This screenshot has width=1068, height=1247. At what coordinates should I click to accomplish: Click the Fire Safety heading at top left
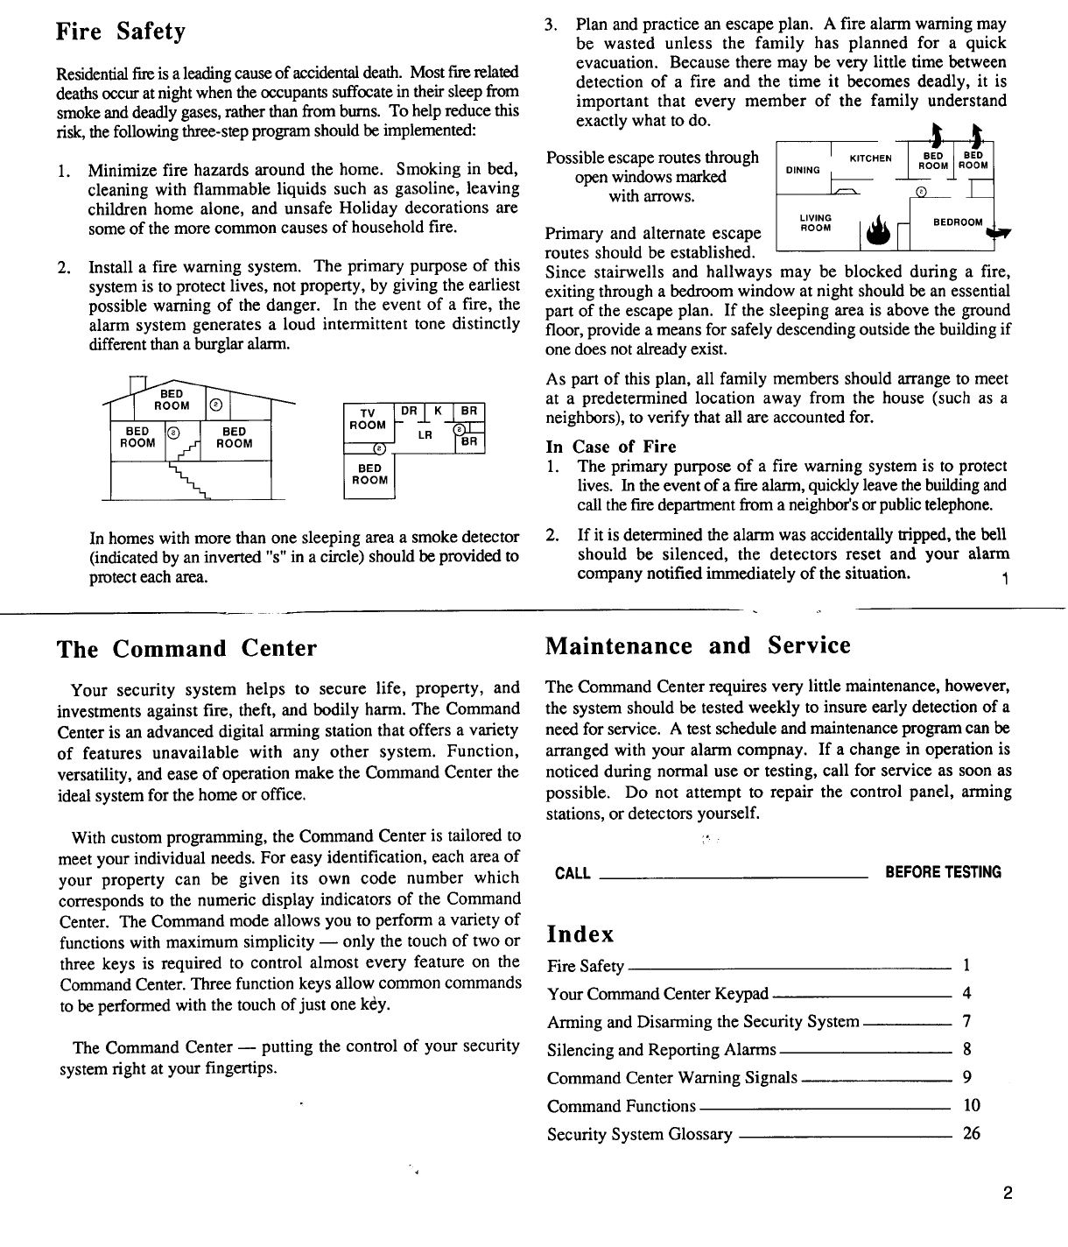(x=121, y=32)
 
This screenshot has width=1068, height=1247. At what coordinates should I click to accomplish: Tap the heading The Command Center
(x=186, y=649)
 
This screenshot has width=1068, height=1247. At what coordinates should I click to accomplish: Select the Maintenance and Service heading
(x=698, y=646)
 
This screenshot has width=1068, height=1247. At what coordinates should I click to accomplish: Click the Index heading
(x=580, y=933)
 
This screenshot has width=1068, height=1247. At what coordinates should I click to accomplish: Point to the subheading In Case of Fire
(x=611, y=447)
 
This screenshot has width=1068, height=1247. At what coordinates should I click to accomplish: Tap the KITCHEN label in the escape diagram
(x=870, y=159)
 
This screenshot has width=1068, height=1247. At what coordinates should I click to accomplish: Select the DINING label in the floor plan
(x=803, y=171)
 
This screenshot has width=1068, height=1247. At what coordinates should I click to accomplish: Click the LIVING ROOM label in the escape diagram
(x=815, y=222)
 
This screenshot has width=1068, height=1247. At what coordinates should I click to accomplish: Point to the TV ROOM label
(x=368, y=419)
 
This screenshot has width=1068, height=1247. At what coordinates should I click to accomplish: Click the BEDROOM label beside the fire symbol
(x=957, y=222)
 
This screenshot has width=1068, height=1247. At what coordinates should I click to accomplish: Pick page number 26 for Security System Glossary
(x=972, y=1133)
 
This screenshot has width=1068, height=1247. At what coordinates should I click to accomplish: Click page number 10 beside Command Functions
(x=972, y=1105)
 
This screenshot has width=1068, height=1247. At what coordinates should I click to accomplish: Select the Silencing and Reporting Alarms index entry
(x=661, y=1050)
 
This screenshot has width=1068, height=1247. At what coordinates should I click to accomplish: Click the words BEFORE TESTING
(x=943, y=872)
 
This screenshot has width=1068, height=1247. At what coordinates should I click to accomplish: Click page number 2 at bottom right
(x=1008, y=1193)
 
